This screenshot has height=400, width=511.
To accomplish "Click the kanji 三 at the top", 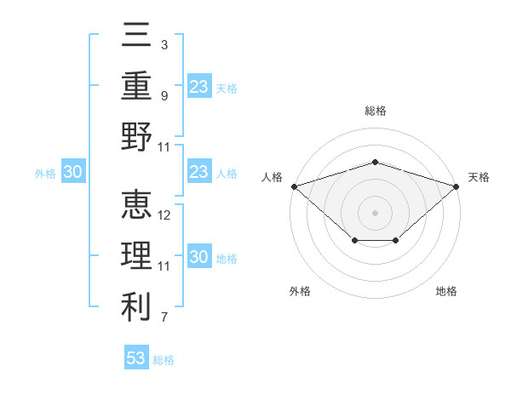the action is (x=136, y=34).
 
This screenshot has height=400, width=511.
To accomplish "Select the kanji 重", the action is (x=136, y=85).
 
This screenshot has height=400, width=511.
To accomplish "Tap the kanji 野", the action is (x=136, y=136).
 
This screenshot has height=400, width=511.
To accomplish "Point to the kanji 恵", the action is (x=136, y=204).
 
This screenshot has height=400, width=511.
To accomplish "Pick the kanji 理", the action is (x=136, y=255).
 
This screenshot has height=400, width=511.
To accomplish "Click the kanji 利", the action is (x=136, y=306).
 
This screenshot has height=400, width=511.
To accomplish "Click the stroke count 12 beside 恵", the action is (x=164, y=215).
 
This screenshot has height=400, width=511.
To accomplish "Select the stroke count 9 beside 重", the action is (x=164, y=96).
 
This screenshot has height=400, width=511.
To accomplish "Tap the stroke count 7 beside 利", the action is (x=164, y=317).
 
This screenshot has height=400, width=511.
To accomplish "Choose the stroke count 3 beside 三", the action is (x=164, y=45).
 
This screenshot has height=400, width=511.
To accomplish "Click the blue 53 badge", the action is (x=136, y=357).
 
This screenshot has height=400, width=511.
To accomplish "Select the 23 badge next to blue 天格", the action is (x=199, y=86).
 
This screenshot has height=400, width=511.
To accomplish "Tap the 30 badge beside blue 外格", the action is (x=73, y=171).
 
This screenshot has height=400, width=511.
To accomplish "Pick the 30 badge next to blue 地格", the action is (x=199, y=255).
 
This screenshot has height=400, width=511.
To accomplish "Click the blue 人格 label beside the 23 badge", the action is (x=227, y=174).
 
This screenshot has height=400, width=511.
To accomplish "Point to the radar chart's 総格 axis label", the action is (x=376, y=111).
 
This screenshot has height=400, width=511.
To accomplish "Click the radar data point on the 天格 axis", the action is (x=456, y=186).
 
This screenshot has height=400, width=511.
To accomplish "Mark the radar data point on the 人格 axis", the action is (x=295, y=186).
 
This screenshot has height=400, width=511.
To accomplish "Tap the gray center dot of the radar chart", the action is (x=375, y=213).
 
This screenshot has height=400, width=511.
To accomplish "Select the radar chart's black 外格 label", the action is (x=300, y=291).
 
